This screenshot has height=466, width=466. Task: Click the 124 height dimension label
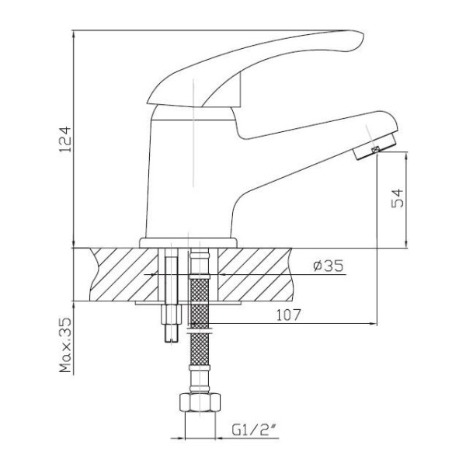click(x=66, y=139)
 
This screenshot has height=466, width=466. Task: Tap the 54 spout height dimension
click(x=398, y=198)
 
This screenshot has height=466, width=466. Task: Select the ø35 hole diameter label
click(x=329, y=266)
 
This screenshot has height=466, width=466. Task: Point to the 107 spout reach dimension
click(x=289, y=315)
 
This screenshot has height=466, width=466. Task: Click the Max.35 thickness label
click(x=66, y=345)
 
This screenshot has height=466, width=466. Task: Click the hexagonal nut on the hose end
click(x=200, y=402)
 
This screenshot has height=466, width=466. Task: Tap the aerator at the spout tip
click(x=375, y=147)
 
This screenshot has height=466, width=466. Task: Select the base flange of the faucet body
click(x=188, y=243)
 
